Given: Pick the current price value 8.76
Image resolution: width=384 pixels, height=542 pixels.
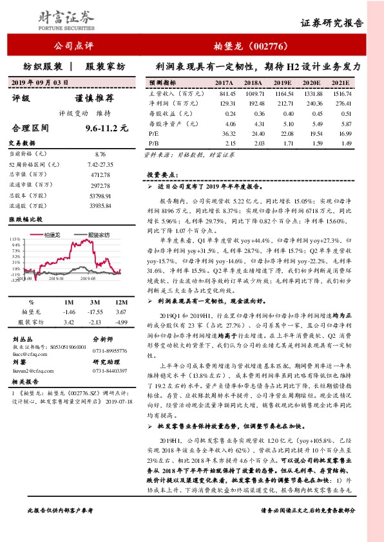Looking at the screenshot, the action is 99,154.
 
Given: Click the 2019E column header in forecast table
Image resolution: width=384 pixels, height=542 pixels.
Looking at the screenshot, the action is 282,84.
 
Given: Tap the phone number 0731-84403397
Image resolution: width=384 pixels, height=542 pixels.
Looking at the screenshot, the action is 110,371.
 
